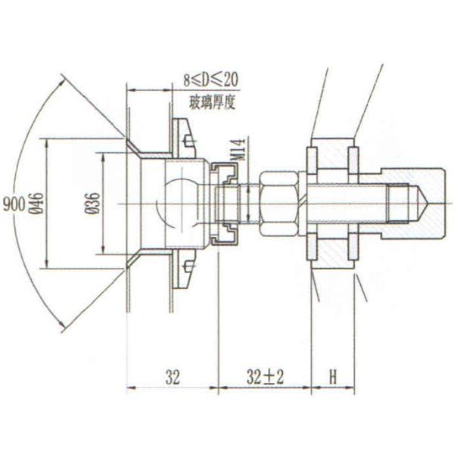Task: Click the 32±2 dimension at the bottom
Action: (264, 377)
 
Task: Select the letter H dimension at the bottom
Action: (332, 377)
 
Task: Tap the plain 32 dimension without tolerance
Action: (172, 377)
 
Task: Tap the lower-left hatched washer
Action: (311, 248)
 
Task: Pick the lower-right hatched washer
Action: (353, 248)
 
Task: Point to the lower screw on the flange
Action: (188, 266)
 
